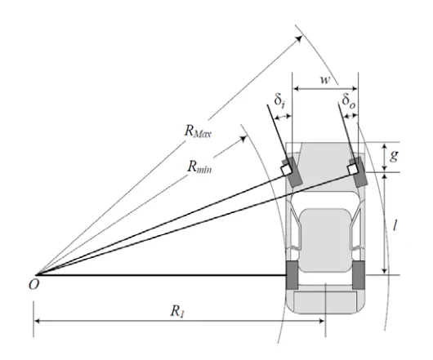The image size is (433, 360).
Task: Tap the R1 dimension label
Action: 177,312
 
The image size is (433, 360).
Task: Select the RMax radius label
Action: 198,131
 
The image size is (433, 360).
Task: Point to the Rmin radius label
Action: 199,167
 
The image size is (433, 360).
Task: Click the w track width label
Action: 325,80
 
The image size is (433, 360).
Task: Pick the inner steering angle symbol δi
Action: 279,100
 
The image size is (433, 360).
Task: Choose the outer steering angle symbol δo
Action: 349,100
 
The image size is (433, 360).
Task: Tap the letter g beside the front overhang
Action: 394,156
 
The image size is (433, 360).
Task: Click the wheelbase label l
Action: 395,226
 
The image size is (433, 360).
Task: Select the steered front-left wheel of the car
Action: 292,172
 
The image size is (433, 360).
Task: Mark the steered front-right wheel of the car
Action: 358,172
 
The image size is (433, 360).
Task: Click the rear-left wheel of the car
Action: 292,275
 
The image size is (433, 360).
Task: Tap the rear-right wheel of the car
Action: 359,275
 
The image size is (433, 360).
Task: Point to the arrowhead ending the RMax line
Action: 299,38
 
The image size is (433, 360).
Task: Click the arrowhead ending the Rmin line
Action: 243,139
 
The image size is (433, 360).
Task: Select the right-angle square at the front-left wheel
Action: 286,170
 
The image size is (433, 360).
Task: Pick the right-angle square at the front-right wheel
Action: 352,169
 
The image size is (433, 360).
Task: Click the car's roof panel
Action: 325,240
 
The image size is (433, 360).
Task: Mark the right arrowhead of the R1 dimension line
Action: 321,321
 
